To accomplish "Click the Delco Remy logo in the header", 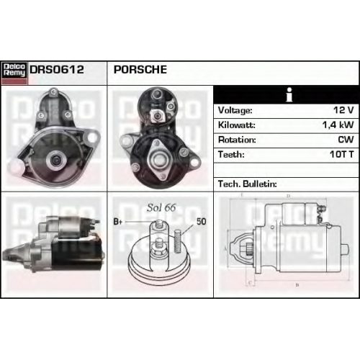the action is tap(14, 73).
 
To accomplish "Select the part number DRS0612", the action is tap(57, 70).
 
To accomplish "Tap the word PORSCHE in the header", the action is tap(140, 70).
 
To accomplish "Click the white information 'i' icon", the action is tap(289, 94).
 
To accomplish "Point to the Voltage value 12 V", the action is tap(343, 110).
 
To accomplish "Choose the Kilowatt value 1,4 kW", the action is tap(338, 125).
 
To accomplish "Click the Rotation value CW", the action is tap(346, 140).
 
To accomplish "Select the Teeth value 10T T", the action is tap(342, 154).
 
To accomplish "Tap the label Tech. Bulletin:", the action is tap(248, 184).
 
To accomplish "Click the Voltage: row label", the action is tap(235, 110).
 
